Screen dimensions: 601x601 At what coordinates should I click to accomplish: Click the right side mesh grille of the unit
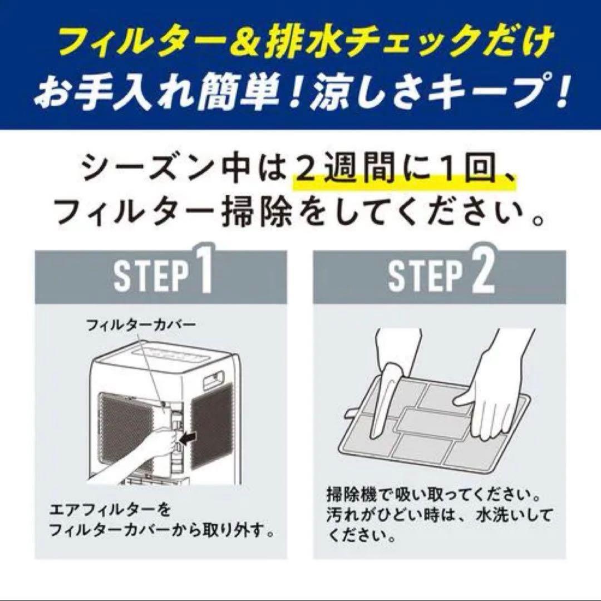pos(211,426)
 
